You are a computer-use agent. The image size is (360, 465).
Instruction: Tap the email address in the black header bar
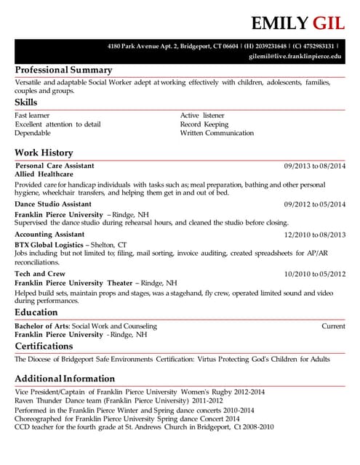tap(295, 56)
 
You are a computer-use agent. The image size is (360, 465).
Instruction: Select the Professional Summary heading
tap(63, 70)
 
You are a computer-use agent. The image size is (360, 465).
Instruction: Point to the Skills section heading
tap(26, 102)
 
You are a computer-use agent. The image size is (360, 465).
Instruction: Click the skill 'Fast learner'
tap(32, 116)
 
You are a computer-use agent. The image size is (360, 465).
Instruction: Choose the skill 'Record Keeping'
tap(204, 124)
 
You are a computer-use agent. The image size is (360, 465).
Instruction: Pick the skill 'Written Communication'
tap(217, 133)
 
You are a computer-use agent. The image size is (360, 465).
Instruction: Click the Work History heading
tap(44, 153)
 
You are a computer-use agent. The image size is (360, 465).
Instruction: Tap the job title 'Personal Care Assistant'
tap(55, 166)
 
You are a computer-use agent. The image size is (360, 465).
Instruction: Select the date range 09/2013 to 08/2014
tap(315, 166)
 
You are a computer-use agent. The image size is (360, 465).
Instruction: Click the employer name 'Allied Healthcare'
tap(44, 175)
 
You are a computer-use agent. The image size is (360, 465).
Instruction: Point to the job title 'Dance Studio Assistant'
tap(53, 205)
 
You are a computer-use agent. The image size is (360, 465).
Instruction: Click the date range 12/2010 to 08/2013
tap(315, 235)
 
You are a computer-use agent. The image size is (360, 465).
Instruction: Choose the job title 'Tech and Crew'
tap(40, 274)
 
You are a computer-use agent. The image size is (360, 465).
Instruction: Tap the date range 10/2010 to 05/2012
tap(315, 274)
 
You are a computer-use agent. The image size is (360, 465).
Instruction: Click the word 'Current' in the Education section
tap(333, 326)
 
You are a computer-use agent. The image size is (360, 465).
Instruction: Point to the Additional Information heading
tap(65, 379)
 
